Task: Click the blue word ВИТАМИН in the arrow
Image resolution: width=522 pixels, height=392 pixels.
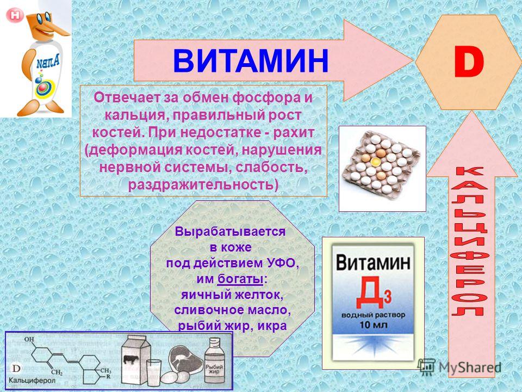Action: coord(251,60)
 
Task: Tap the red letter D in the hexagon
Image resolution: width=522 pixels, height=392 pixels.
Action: coord(469,63)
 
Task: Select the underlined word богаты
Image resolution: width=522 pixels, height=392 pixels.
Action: coord(240,279)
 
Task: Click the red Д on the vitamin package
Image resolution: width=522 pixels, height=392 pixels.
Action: coord(370,292)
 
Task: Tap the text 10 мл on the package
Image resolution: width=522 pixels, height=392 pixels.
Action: coord(373,324)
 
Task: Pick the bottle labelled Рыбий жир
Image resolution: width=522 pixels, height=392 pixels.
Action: coord(214,361)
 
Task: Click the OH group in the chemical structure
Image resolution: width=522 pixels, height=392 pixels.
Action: coord(29,339)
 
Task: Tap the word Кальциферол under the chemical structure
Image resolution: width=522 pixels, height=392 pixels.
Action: coord(32,381)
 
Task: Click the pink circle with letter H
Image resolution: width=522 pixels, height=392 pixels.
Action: coord(15,15)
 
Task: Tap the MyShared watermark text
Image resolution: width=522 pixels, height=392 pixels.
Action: coord(470,367)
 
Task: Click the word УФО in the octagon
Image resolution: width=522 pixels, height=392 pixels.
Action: coord(283,263)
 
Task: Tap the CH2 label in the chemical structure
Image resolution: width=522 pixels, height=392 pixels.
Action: coord(57,372)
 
